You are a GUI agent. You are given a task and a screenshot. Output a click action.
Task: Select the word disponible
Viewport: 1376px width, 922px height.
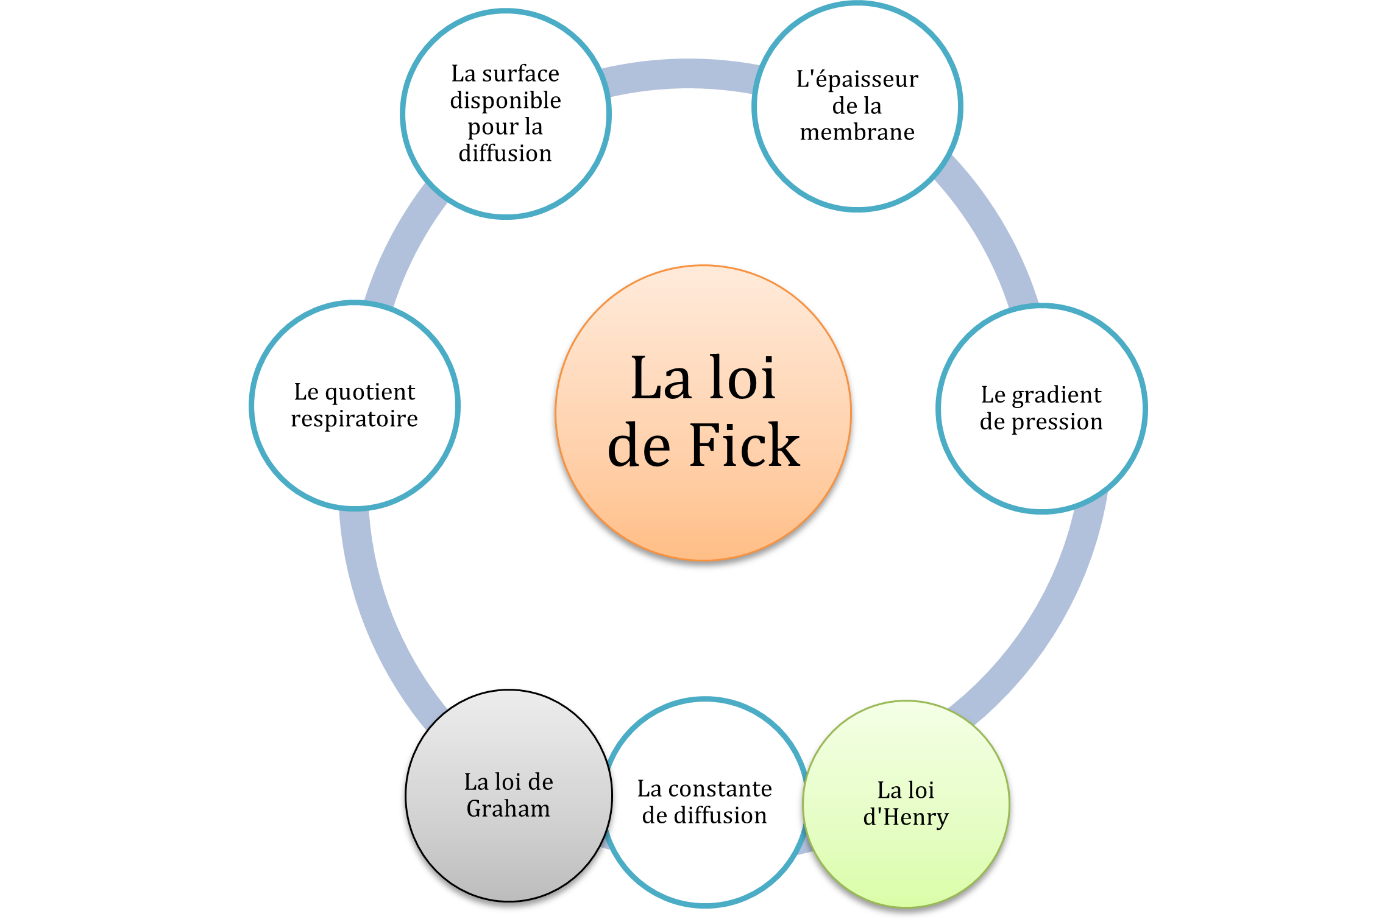pyautogui.click(x=505, y=100)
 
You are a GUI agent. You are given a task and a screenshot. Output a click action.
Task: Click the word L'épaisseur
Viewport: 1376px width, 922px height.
pyautogui.click(x=857, y=79)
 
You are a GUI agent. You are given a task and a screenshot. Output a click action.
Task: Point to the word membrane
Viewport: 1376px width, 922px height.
pyautogui.click(x=857, y=132)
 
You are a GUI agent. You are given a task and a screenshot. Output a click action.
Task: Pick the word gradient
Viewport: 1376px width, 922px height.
pyautogui.click(x=1057, y=395)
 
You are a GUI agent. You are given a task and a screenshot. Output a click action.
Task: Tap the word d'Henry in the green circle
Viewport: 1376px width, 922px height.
pyautogui.click(x=906, y=817)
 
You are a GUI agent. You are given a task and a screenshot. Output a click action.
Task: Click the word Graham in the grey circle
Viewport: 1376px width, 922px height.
pyautogui.click(x=508, y=809)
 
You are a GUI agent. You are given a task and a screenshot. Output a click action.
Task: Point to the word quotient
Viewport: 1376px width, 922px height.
pyautogui.click(x=370, y=392)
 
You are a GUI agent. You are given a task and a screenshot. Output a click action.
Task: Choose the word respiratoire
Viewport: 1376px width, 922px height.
pyautogui.click(x=354, y=419)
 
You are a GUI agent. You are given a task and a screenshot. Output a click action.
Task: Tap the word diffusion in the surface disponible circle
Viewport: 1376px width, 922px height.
pyautogui.click(x=505, y=153)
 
